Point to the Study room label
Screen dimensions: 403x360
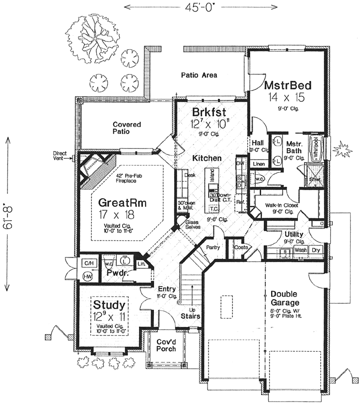[x=109, y=303]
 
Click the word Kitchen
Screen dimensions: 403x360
[x=208, y=158]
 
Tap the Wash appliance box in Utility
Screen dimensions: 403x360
[x=301, y=251]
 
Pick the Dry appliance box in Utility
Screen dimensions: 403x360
[x=316, y=251]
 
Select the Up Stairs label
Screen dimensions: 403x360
[x=191, y=312]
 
